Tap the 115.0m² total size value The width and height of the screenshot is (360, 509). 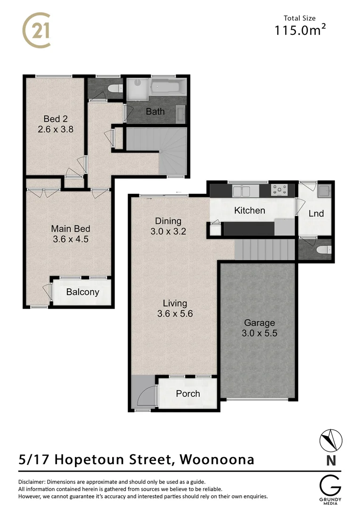point(301,31)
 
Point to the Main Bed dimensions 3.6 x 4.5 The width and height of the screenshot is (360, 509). point(71,239)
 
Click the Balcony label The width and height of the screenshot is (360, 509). point(82,292)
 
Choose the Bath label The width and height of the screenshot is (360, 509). point(155,112)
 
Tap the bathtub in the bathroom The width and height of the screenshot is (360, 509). point(168,88)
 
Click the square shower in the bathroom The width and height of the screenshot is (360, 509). point(137,88)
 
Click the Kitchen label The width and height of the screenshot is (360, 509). point(250,210)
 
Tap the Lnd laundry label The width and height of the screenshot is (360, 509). point(316,213)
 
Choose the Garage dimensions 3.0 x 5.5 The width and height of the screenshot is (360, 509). point(259,333)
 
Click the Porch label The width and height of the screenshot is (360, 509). point(188,394)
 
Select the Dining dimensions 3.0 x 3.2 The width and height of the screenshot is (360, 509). point(168,231)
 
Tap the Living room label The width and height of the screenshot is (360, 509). point(175,304)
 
